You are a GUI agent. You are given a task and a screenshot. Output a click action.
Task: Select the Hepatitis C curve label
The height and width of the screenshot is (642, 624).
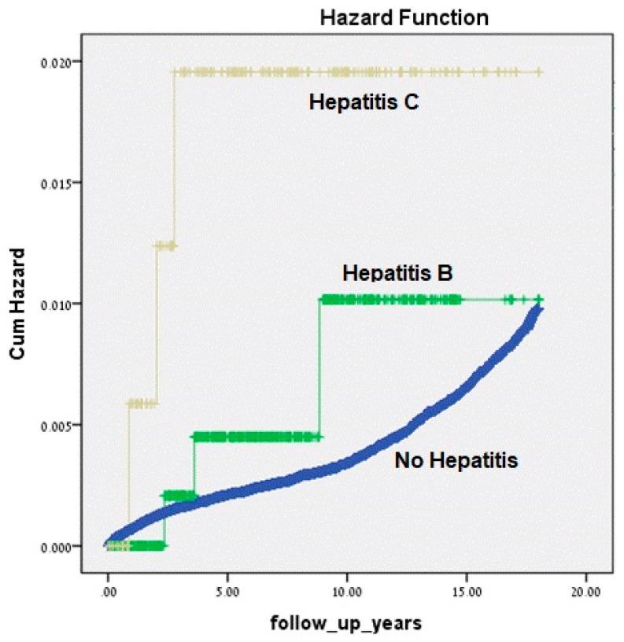click(x=362, y=102)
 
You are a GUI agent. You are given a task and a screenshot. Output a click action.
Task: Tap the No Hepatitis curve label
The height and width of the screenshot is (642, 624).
click(x=456, y=461)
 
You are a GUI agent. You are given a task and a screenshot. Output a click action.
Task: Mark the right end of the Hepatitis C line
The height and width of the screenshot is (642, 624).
click(x=539, y=72)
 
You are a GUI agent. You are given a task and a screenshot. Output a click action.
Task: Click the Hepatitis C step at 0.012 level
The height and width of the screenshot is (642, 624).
click(x=165, y=246)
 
